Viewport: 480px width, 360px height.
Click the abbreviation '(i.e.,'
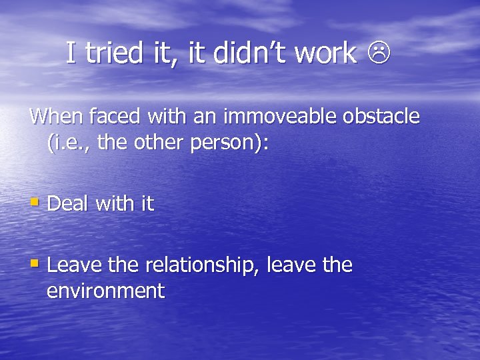(69, 143)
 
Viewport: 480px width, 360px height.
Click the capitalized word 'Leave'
(73, 265)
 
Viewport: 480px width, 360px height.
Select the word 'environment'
(106, 291)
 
